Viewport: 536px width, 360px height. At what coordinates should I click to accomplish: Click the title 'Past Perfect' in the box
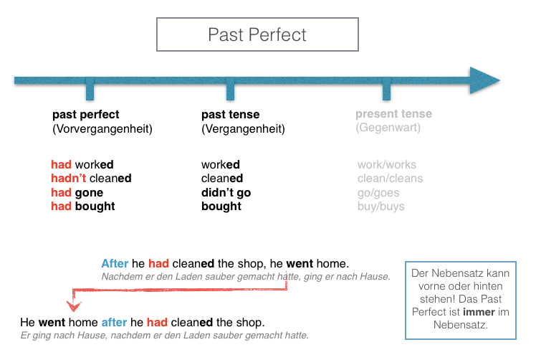(257, 34)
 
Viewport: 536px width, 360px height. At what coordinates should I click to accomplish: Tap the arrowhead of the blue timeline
(484, 80)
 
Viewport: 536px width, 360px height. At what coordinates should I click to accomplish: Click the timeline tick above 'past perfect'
(90, 89)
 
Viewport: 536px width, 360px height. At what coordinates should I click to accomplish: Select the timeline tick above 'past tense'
(231, 89)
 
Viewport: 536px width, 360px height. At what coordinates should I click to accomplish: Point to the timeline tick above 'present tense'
(387, 89)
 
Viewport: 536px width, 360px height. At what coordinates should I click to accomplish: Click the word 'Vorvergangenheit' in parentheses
(102, 129)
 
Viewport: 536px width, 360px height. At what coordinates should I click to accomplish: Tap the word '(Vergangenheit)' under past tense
(243, 129)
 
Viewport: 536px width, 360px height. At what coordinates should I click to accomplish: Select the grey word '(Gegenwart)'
(388, 128)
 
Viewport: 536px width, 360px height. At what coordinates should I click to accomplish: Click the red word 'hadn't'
(69, 178)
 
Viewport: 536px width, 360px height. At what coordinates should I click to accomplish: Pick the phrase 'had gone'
(77, 193)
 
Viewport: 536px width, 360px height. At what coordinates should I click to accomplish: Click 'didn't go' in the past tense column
(226, 193)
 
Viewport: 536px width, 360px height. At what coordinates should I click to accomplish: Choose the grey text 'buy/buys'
(381, 207)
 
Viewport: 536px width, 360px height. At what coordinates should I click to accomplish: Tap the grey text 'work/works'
(387, 165)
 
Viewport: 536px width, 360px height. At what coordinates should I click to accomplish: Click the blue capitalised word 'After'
(115, 263)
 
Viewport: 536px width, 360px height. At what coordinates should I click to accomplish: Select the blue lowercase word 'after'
(114, 323)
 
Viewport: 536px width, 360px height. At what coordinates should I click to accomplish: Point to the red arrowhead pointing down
(74, 305)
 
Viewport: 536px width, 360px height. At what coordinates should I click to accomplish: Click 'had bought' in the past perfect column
(83, 207)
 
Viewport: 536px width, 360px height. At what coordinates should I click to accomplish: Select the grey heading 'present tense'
(394, 113)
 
